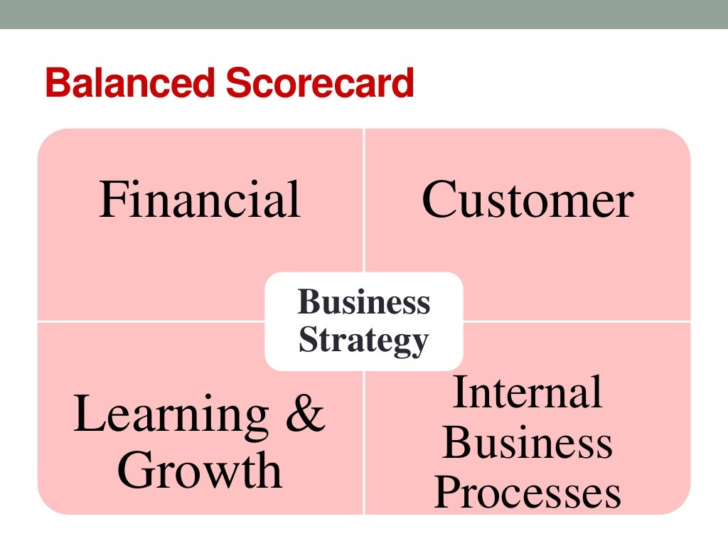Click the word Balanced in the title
pos(129,84)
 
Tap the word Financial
pos(200,200)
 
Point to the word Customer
pos(528,200)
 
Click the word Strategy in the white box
pos(363,341)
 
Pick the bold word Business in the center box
pos(364,302)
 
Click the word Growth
pos(200,470)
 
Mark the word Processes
pos(528,492)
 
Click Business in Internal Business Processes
pos(528,442)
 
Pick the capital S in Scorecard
pos(236,84)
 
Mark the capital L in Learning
pos(88,414)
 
